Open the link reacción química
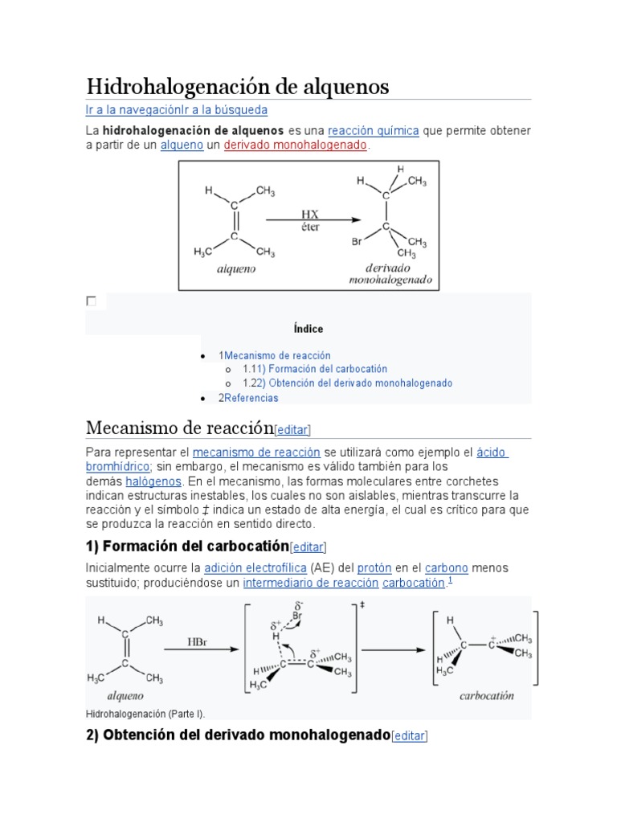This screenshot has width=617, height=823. coord(374,130)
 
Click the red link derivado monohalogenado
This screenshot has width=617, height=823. coord(295,145)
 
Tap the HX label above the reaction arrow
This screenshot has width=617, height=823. coord(309,215)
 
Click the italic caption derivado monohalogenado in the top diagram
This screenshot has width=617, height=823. coord(390,274)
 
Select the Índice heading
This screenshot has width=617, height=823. coord(308,329)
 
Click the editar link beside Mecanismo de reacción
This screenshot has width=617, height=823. coord(292,430)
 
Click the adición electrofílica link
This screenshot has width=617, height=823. coord(255,567)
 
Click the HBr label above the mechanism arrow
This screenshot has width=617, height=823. coord(198,642)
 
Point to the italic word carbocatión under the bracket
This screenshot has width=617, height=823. coord(486,696)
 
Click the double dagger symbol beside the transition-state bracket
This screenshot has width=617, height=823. coord(362,604)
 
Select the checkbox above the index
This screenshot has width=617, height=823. coord(91,301)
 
